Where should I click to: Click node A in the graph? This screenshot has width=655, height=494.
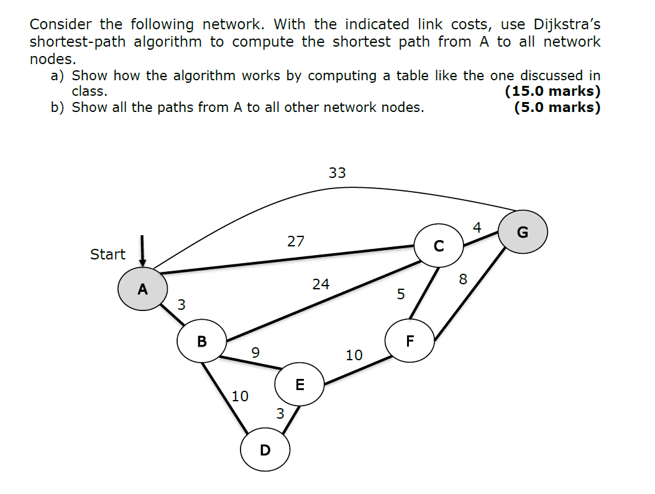(x=143, y=289)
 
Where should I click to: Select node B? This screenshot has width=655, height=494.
(x=201, y=341)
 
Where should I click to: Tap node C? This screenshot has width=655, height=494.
(x=439, y=246)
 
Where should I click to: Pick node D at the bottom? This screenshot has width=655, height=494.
(x=265, y=449)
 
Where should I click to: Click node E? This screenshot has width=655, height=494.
(x=300, y=384)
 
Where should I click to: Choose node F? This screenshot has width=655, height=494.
(x=410, y=340)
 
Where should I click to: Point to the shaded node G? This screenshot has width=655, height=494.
(x=522, y=233)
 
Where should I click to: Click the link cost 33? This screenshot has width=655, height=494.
(x=337, y=173)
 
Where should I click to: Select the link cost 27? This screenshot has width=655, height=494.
(x=296, y=241)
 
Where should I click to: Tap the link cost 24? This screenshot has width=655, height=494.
(x=321, y=284)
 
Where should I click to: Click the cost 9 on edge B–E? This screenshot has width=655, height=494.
(x=255, y=352)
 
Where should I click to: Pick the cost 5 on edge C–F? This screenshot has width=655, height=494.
(x=401, y=293)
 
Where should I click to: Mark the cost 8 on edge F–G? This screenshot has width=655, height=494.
(x=462, y=279)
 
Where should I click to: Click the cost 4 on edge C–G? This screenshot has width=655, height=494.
(x=477, y=227)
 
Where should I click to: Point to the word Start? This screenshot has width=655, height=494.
(x=108, y=254)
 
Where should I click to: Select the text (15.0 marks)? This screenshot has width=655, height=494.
(x=552, y=91)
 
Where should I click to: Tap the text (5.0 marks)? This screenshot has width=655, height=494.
(x=557, y=107)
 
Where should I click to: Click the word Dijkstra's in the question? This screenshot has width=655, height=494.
(x=567, y=25)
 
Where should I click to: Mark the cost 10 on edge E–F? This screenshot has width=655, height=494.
(x=354, y=355)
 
